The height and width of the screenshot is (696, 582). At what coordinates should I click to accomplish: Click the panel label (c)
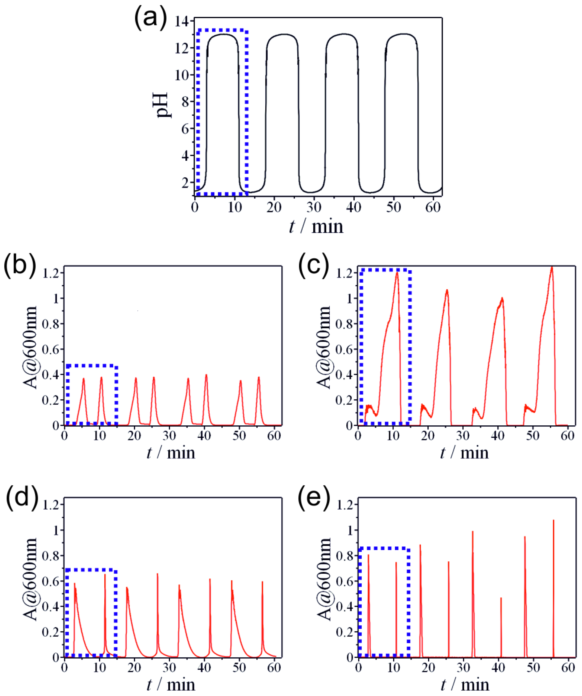[x=314, y=266]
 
